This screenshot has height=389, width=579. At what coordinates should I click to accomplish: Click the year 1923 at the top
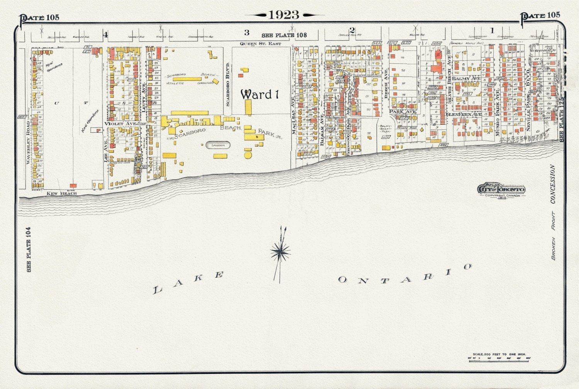click(284, 15)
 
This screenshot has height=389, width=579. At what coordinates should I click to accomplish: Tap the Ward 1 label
click(259, 94)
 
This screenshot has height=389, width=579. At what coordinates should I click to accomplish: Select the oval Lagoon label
click(218, 145)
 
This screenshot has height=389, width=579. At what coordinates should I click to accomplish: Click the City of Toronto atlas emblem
click(501, 189)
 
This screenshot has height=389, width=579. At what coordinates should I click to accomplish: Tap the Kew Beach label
click(62, 193)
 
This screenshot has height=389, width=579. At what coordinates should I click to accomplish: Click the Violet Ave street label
click(120, 124)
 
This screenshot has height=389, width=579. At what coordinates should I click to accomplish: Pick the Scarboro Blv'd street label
click(228, 84)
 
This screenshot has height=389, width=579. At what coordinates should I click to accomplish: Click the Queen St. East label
click(261, 44)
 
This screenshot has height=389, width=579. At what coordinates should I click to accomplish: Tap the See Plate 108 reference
click(284, 35)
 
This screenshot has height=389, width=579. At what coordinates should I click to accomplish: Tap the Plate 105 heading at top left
click(40, 17)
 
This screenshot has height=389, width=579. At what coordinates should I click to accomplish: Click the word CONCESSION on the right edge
click(553, 184)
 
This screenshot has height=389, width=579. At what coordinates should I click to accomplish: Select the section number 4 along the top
click(105, 35)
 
